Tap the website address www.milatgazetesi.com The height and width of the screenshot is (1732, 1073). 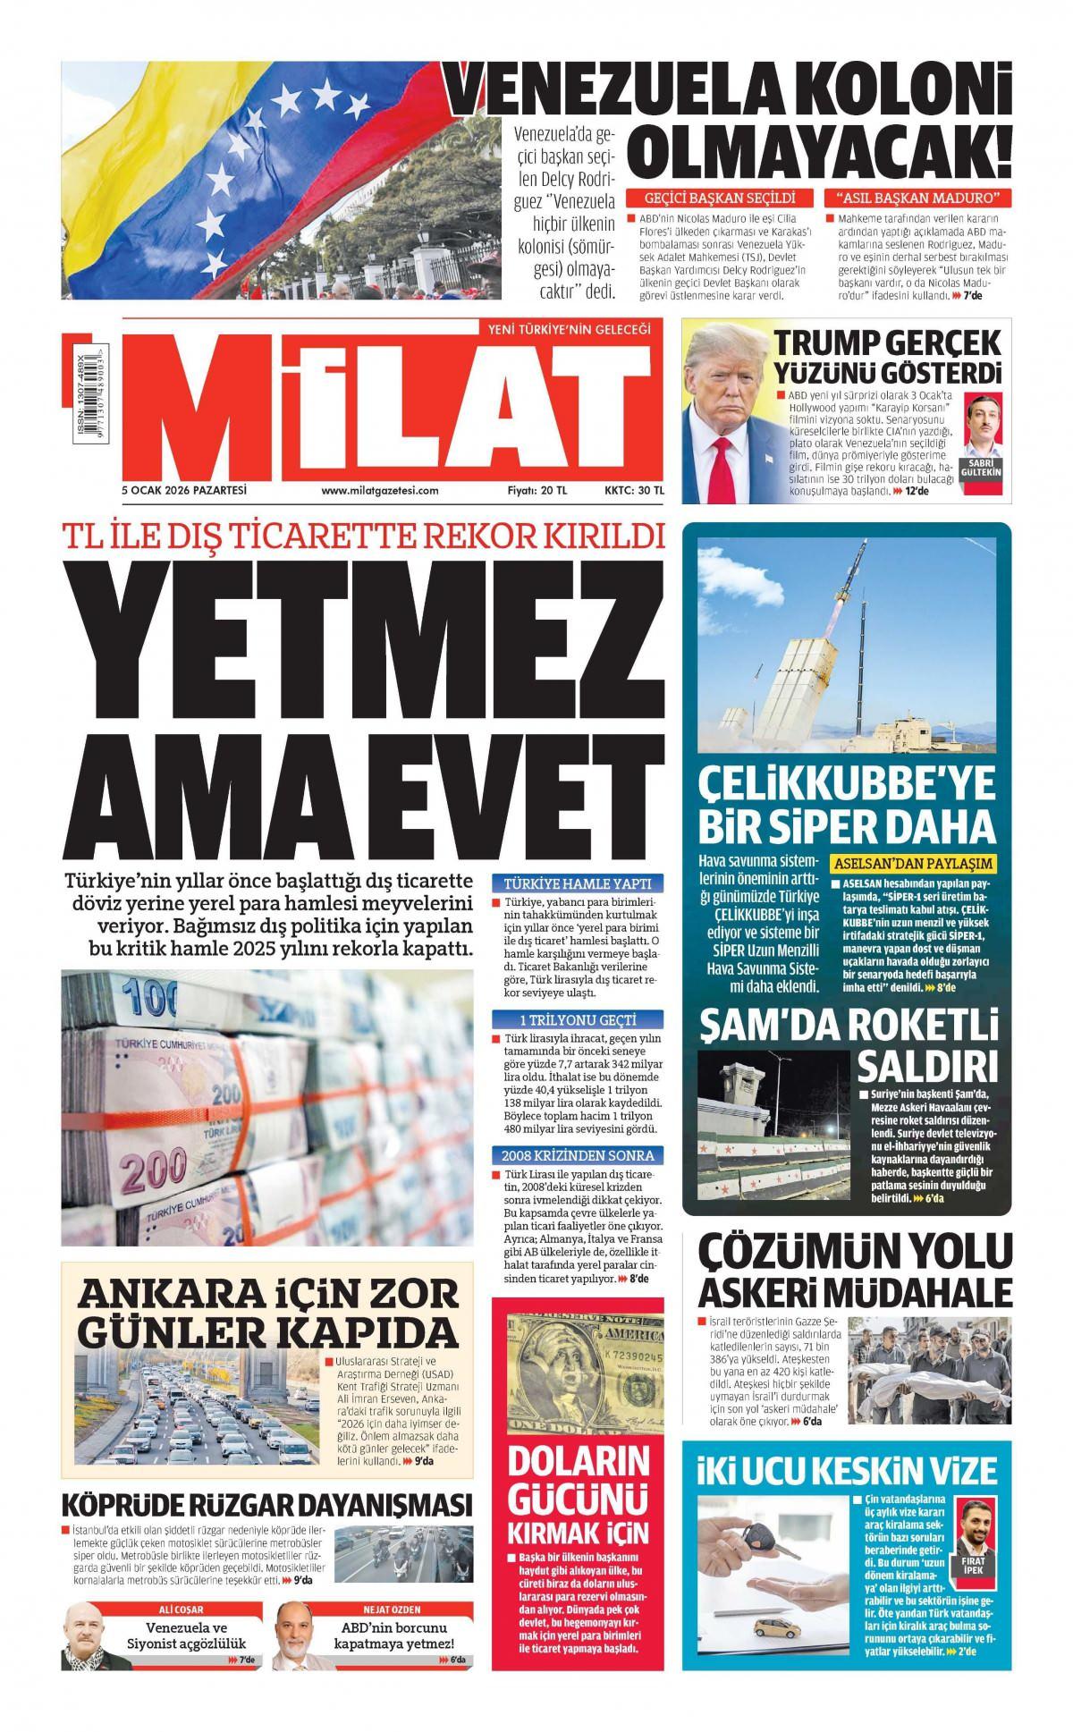380,490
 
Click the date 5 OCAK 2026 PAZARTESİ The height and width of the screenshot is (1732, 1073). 184,490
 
